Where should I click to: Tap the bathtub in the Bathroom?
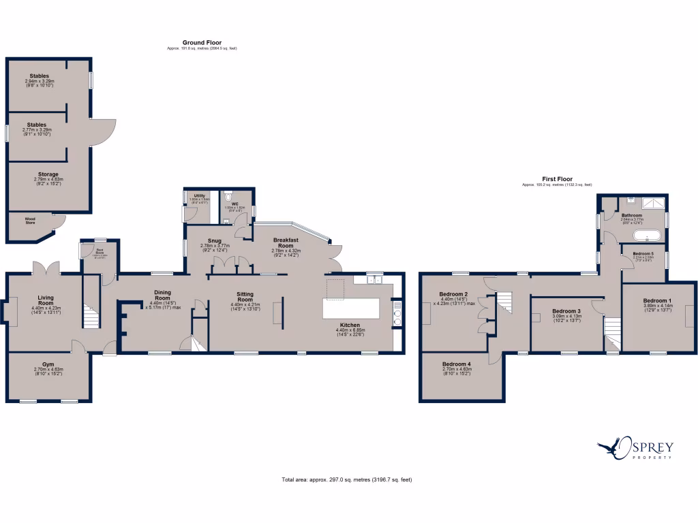(645, 236)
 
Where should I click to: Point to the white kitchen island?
(352, 309)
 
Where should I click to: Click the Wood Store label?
(30, 220)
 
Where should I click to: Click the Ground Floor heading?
(202, 43)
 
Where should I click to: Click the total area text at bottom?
(347, 479)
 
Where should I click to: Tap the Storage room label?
(48, 174)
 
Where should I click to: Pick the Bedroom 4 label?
(456, 364)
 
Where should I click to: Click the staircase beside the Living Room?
(91, 317)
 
